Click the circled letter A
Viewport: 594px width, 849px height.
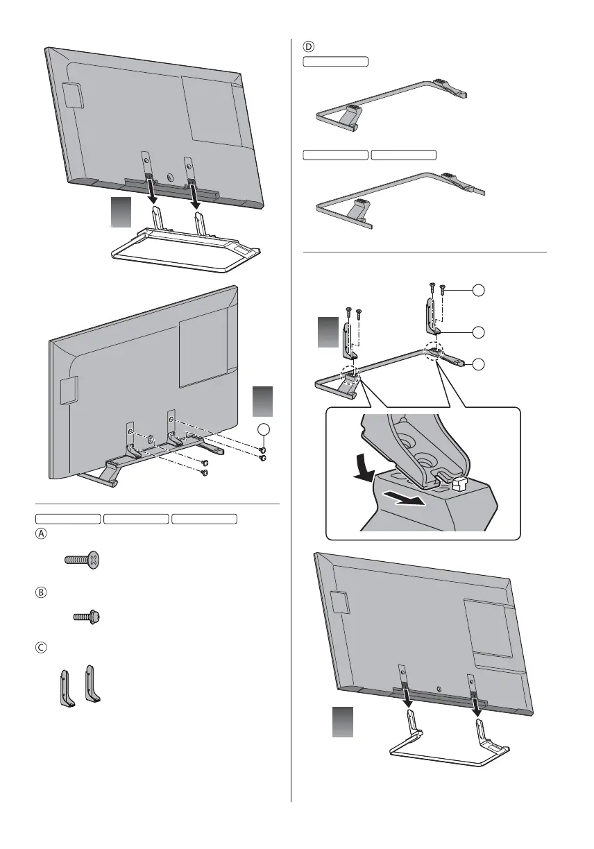point(41,534)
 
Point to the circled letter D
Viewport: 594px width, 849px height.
point(309,47)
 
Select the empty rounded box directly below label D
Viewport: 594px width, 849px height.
point(335,62)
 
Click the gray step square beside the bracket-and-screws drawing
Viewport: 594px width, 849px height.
point(329,332)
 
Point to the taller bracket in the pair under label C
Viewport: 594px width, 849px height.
point(90,685)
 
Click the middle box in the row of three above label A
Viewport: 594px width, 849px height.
point(136,518)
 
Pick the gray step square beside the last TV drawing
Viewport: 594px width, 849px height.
point(342,722)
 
